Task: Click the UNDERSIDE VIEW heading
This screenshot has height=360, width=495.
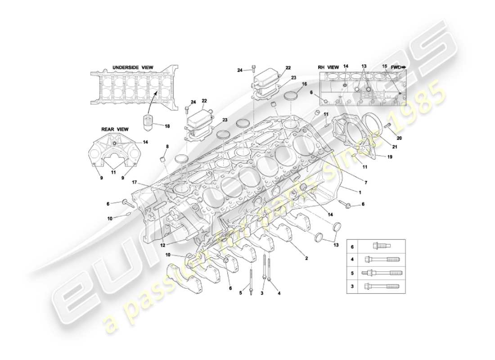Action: click(x=132, y=67)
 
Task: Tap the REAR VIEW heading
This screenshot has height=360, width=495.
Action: click(x=114, y=129)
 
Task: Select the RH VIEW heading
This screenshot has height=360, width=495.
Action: click(x=328, y=67)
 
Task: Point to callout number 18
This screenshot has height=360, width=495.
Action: click(x=167, y=126)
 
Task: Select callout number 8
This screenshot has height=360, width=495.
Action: click(x=167, y=146)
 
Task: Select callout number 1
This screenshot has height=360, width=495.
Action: click(x=360, y=192)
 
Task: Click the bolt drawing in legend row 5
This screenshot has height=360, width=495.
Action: click(x=381, y=273)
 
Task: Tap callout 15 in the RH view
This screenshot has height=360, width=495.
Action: click(x=384, y=67)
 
